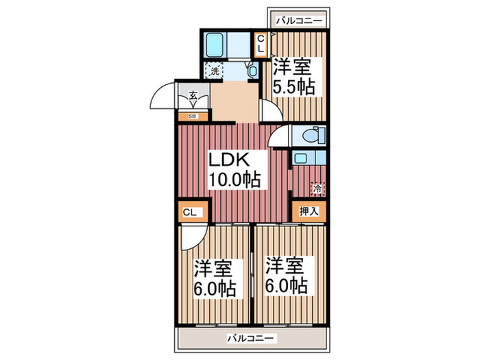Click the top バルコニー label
tap(299, 21)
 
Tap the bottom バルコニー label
tap(250, 339)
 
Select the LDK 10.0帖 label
tap(235, 169)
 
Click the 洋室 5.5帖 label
tap(294, 77)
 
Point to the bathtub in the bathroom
tap(214, 45)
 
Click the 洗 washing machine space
tap(214, 71)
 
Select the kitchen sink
tap(300, 158)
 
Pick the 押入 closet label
tap(309, 211)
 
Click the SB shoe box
tap(193, 116)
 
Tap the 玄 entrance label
tap(193, 95)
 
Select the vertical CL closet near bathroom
tap(261, 45)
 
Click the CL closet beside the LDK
tap(191, 212)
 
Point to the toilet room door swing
tap(278, 136)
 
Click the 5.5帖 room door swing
tap(271, 110)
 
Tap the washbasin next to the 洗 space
tap(252, 71)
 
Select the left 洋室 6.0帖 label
tap(214, 278)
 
